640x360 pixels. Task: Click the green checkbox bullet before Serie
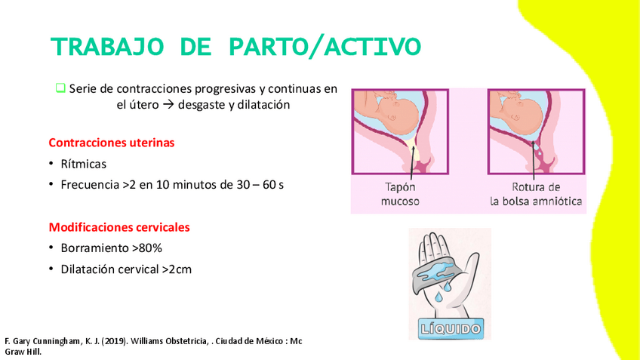60,88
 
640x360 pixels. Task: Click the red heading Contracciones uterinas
111,142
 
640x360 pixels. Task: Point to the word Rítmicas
84,164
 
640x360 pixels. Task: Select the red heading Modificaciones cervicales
118,226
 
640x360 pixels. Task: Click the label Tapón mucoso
399,194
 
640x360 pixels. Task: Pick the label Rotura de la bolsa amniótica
535,194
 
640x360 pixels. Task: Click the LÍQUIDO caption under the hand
450,328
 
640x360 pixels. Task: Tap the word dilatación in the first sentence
263,106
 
